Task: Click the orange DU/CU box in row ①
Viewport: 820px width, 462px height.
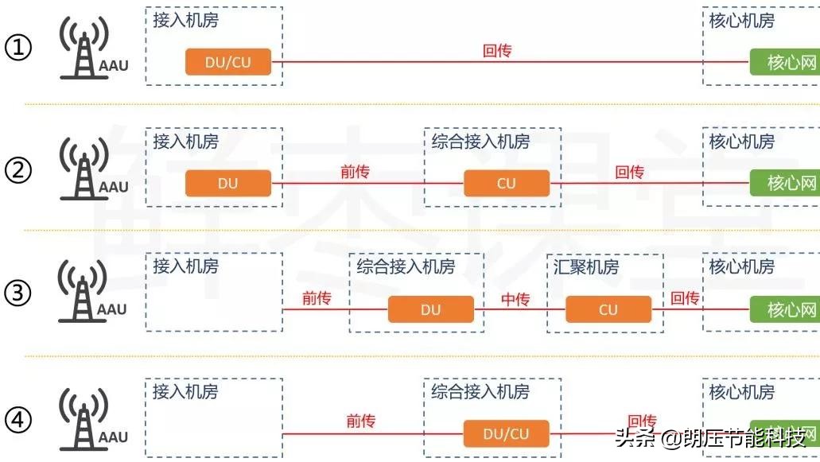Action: click(228, 62)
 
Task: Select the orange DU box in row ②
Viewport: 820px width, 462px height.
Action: click(228, 184)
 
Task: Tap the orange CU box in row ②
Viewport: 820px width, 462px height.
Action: click(507, 184)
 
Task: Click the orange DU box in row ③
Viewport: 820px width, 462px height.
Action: click(430, 309)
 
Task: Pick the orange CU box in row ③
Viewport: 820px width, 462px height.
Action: click(608, 309)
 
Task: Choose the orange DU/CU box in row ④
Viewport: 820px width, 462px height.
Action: click(507, 434)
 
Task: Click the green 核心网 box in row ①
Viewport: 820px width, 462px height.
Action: click(785, 62)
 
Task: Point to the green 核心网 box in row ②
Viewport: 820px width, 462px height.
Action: click(785, 184)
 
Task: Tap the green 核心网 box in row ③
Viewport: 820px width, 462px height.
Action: click(785, 309)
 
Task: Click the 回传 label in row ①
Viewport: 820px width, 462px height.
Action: click(497, 51)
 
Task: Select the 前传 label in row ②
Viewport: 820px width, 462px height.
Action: click(355, 172)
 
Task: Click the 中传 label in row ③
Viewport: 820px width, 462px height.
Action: click(515, 299)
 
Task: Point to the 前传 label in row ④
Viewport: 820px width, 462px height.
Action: click(360, 421)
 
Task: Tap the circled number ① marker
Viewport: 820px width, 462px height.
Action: click(18, 48)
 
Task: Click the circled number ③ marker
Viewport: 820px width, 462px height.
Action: click(18, 293)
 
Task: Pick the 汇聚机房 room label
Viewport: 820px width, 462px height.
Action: click(586, 266)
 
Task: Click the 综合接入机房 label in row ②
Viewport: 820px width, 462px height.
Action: click(480, 142)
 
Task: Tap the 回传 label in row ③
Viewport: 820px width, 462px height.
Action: click(684, 298)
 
